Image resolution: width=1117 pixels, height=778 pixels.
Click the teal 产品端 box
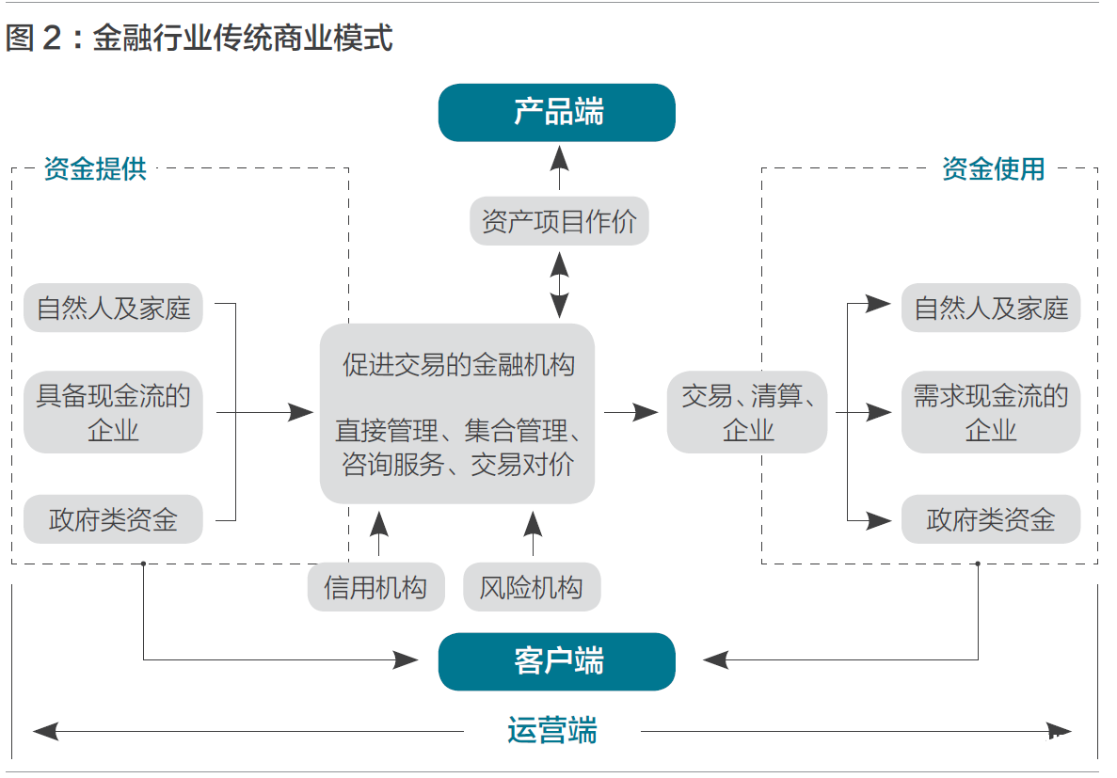pos(557,113)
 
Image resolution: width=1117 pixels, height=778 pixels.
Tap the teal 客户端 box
pos(557,661)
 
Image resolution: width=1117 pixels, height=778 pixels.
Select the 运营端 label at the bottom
pos(552,730)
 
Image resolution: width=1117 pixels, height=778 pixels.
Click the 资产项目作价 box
pos(559,222)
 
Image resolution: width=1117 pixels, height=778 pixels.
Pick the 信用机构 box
pos(375,588)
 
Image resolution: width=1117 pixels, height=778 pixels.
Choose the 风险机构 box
pos(532,588)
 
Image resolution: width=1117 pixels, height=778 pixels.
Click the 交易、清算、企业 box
pos(747,413)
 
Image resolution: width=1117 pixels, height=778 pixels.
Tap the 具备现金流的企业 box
pos(113,413)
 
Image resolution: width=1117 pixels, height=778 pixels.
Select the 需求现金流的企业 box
pos(990,413)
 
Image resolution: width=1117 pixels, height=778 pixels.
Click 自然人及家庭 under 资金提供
pos(113,308)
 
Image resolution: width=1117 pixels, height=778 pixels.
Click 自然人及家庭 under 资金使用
pos(990,308)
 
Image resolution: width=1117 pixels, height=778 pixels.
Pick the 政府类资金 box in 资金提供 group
pos(113,519)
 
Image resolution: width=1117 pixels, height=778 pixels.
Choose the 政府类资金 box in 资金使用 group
pos(990,519)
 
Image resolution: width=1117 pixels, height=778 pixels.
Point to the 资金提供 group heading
pos(95,169)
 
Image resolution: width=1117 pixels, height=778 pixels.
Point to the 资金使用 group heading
pos(993,169)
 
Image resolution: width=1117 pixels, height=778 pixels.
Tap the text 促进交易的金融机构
pos(458,365)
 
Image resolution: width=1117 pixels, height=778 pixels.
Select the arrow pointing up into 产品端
pos(559,169)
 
